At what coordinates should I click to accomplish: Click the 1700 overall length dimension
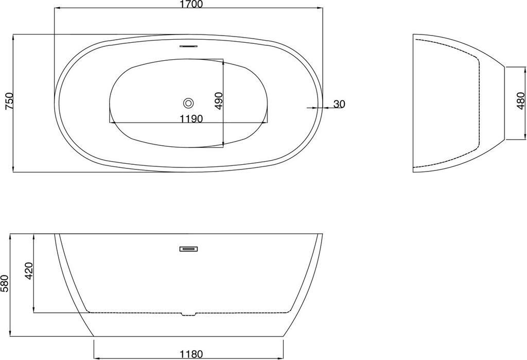point(191,4)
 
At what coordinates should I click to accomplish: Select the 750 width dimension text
point(10,101)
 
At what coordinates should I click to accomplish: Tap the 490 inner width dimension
point(219,100)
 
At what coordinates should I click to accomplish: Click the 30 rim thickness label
point(339,105)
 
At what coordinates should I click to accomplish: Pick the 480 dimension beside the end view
point(521,100)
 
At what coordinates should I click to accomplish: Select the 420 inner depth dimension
point(29,270)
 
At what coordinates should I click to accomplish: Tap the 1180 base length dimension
point(191,354)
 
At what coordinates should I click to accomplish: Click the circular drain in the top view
point(188,103)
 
